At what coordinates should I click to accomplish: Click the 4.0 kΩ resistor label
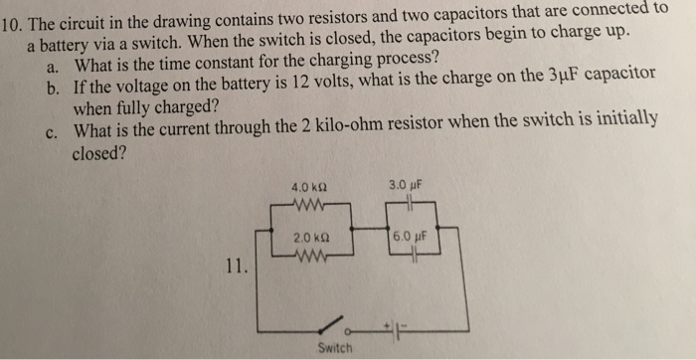click(x=307, y=185)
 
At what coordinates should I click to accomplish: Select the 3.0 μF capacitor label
click(x=409, y=184)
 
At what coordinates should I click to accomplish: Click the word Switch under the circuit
click(x=334, y=346)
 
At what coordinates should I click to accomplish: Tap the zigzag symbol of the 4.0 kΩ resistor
click(x=310, y=207)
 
